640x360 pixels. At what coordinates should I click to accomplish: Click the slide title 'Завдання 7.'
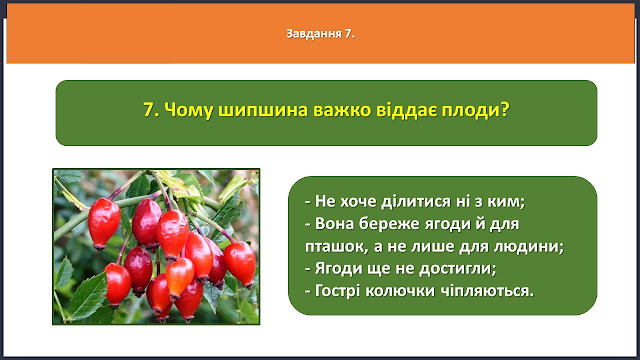[x=320, y=33]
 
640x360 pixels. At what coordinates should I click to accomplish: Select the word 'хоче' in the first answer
[x=358, y=202]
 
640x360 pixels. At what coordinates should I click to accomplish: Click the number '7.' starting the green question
[x=151, y=110]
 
